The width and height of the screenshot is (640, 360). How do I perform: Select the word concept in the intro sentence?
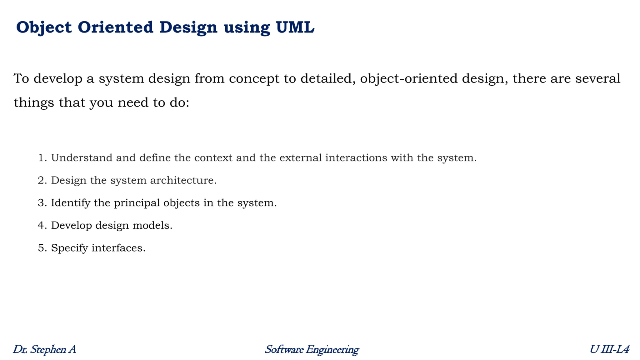pos(254,78)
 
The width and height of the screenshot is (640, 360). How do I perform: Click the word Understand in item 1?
pos(82,158)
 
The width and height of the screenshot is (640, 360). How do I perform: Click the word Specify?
pos(69,248)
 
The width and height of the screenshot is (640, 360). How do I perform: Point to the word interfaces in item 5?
pos(118,248)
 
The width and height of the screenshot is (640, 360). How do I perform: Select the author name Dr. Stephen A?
pos(44,349)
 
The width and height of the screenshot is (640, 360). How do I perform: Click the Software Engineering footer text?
pos(312,349)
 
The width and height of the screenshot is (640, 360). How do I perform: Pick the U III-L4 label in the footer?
pos(609,349)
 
